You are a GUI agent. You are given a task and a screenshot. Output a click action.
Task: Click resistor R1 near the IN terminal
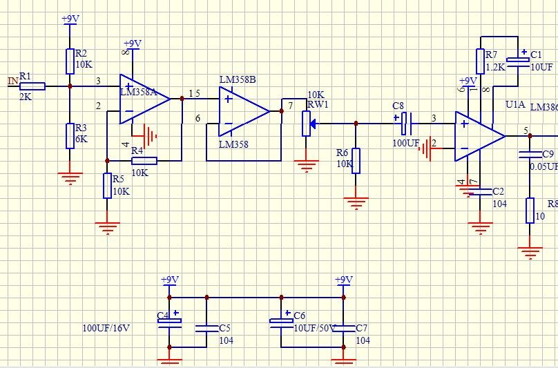(x=32, y=86)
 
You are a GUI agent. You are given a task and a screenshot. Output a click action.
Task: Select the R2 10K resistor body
(x=70, y=61)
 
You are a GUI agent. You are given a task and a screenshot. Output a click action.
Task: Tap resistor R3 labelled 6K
(x=70, y=135)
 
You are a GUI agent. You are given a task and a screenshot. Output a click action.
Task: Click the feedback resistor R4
(x=144, y=161)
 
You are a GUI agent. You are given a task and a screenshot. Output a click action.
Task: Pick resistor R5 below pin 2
(x=107, y=186)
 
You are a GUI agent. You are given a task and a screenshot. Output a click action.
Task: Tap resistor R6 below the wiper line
(x=356, y=160)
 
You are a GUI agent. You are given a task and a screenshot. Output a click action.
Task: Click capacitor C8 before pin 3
(x=405, y=123)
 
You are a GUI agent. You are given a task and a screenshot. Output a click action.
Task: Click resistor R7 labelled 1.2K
(x=479, y=61)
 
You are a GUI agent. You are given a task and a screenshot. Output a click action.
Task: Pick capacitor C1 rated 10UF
(x=517, y=61)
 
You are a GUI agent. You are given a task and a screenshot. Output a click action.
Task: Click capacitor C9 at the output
(x=530, y=155)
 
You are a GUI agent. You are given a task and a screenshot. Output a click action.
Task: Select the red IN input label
(x=12, y=81)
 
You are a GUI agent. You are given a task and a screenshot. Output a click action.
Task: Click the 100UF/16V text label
(x=106, y=328)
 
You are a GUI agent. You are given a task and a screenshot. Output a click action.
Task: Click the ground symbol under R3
(x=69, y=176)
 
